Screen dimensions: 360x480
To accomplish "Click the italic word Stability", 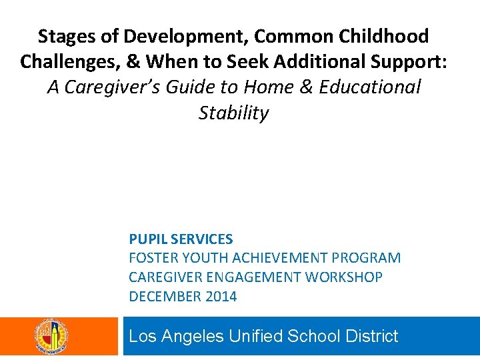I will tap(233, 113).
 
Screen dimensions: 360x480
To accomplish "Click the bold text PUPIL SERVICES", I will tap(181, 239).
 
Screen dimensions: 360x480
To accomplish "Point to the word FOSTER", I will tap(152, 258).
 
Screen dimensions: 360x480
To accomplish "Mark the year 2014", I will tap(220, 296).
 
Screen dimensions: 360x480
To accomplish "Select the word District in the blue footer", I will tap(372, 336).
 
